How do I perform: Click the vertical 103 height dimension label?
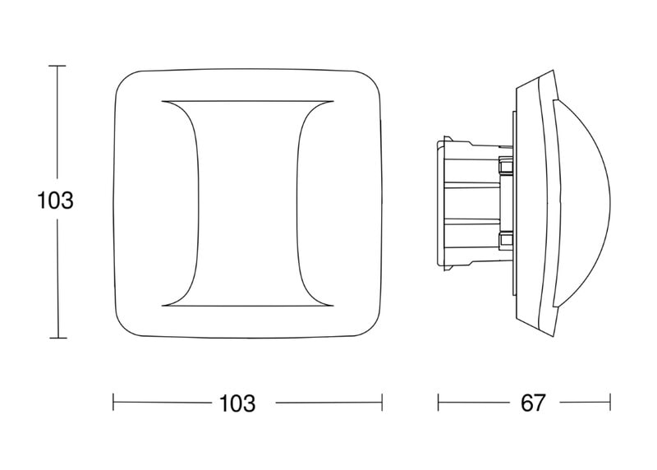point(55,200)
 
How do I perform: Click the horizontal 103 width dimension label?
point(237,403)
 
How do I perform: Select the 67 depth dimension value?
point(532,403)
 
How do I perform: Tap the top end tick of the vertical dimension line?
point(57,66)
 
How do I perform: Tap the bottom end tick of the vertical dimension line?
point(57,338)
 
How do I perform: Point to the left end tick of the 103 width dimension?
point(113,402)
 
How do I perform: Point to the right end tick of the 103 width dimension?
point(382,402)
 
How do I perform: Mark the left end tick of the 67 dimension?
point(439,402)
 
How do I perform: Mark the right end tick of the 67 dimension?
point(610,402)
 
